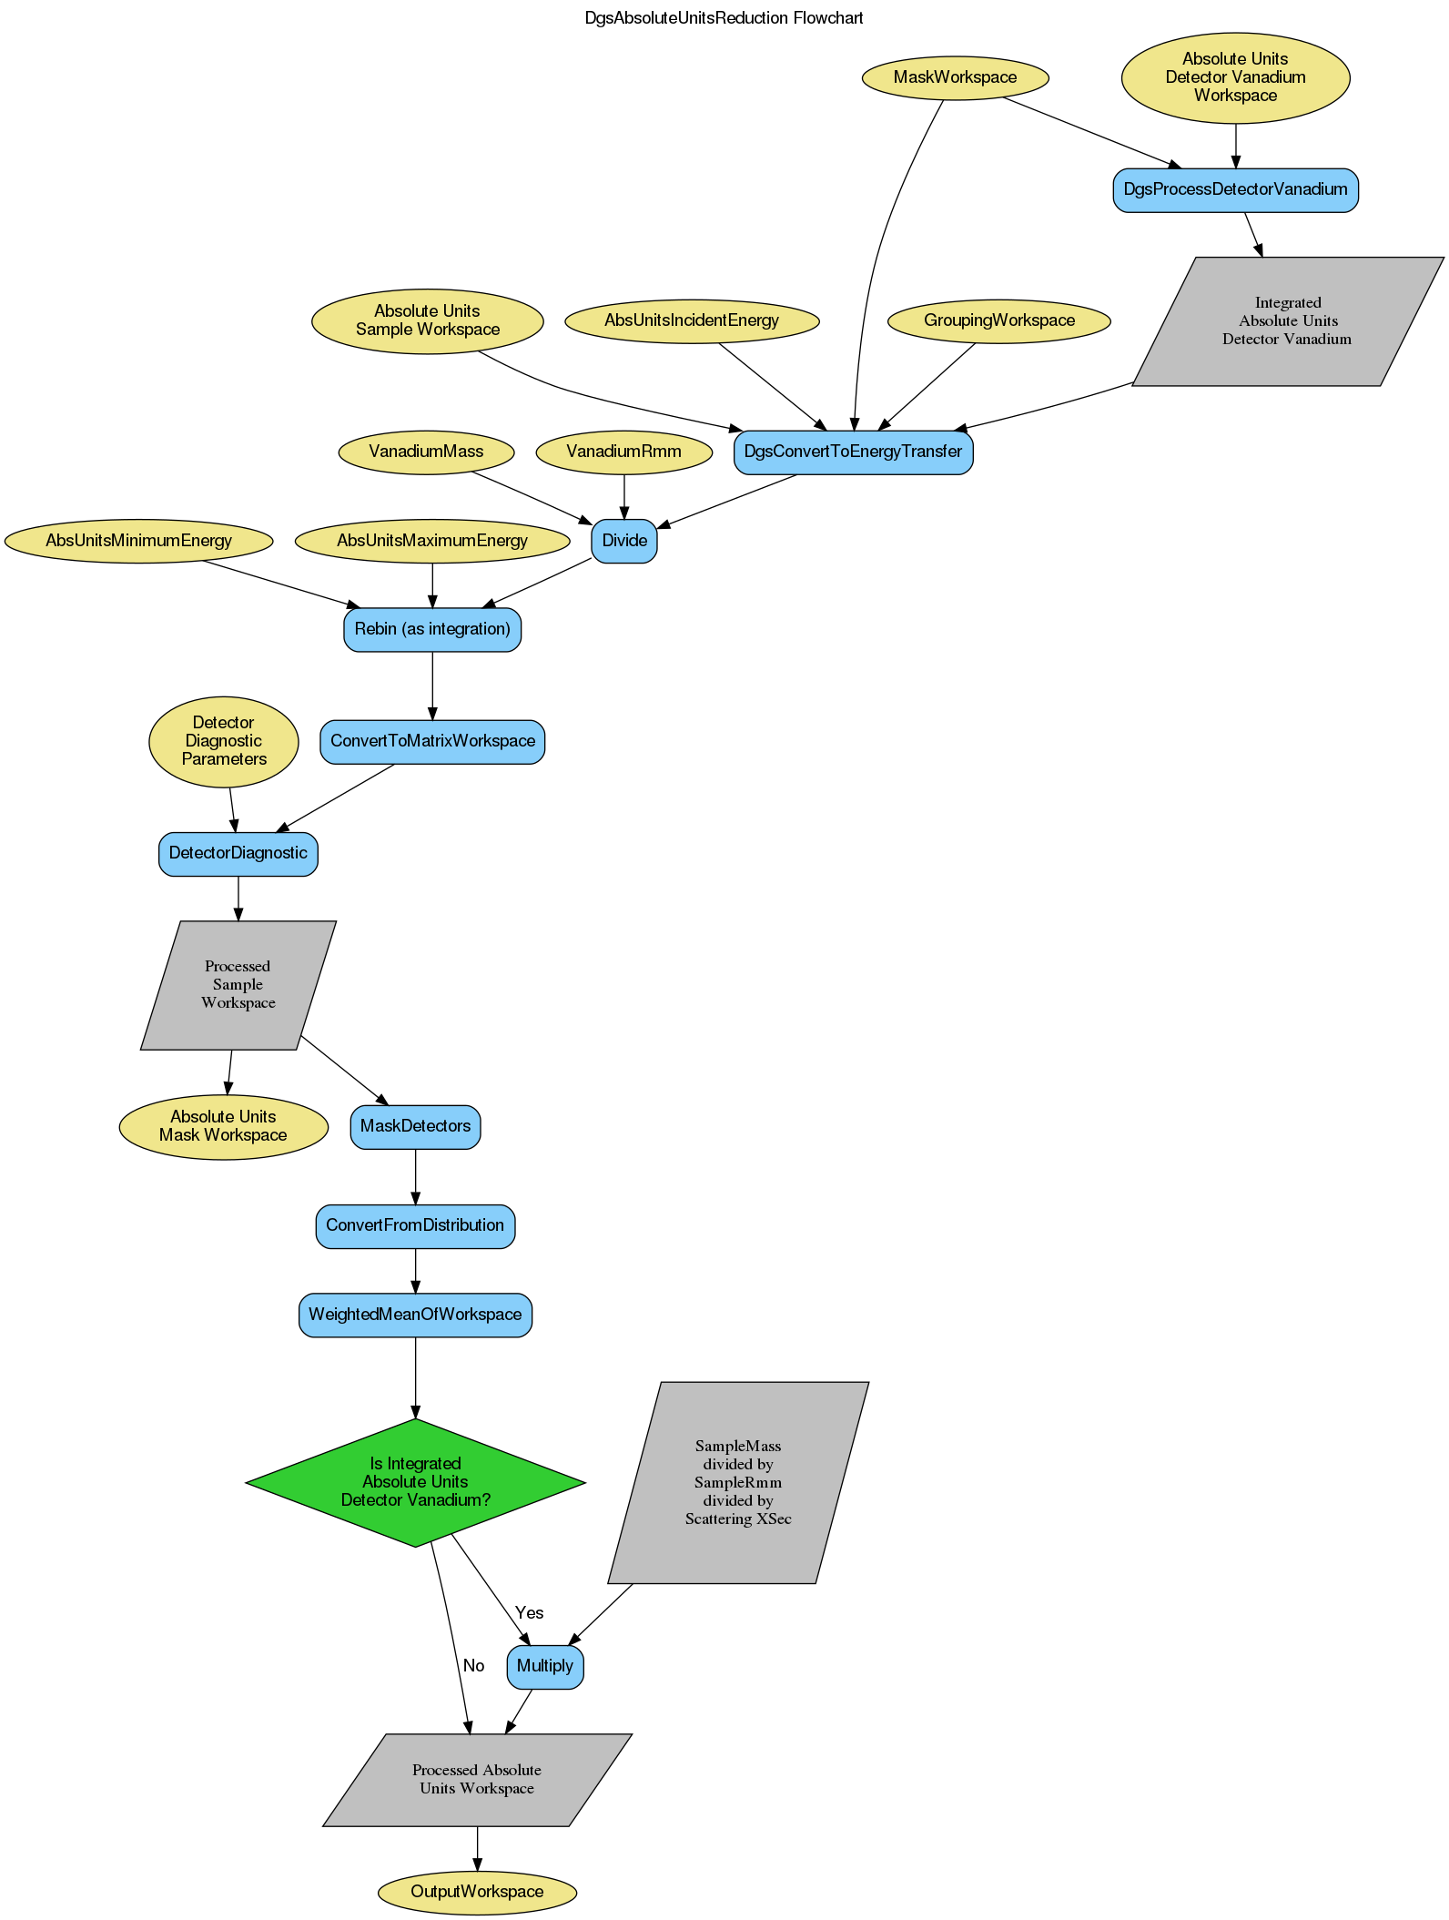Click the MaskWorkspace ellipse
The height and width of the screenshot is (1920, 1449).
(x=955, y=77)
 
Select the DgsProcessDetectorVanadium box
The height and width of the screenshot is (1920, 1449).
(x=1235, y=189)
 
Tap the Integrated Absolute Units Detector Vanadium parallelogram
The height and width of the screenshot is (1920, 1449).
(x=1287, y=321)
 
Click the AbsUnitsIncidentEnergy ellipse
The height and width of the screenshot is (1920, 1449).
(x=691, y=320)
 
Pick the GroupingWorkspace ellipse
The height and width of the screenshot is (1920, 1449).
(x=998, y=320)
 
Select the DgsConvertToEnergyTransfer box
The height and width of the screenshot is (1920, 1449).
(x=853, y=452)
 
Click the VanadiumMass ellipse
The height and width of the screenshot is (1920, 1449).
(x=426, y=452)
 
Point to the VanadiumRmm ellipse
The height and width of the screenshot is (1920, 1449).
(x=623, y=452)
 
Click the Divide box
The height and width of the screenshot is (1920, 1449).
(x=624, y=541)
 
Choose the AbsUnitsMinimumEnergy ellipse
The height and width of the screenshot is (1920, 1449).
(x=138, y=541)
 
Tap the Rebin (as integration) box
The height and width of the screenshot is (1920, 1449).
(x=432, y=629)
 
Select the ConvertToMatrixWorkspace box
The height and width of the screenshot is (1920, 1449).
(x=432, y=741)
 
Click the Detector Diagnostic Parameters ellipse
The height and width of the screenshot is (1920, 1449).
(x=224, y=741)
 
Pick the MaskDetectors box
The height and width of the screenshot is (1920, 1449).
(x=415, y=1126)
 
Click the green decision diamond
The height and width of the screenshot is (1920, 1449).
(x=415, y=1481)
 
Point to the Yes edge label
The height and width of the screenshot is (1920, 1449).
(x=529, y=1612)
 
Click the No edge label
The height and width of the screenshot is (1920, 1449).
(x=473, y=1665)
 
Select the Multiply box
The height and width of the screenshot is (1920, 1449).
(x=544, y=1666)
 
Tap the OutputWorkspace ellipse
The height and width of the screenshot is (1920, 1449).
(x=477, y=1892)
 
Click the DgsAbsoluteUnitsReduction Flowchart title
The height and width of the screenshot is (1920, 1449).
(x=724, y=18)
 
